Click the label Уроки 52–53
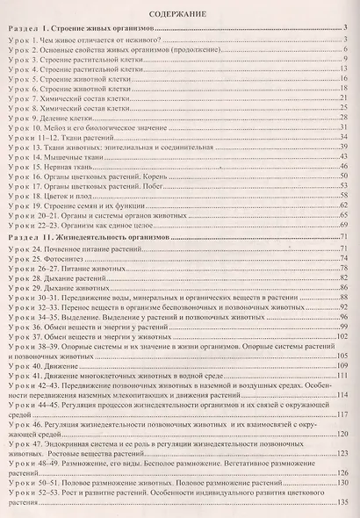coord(34,490)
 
